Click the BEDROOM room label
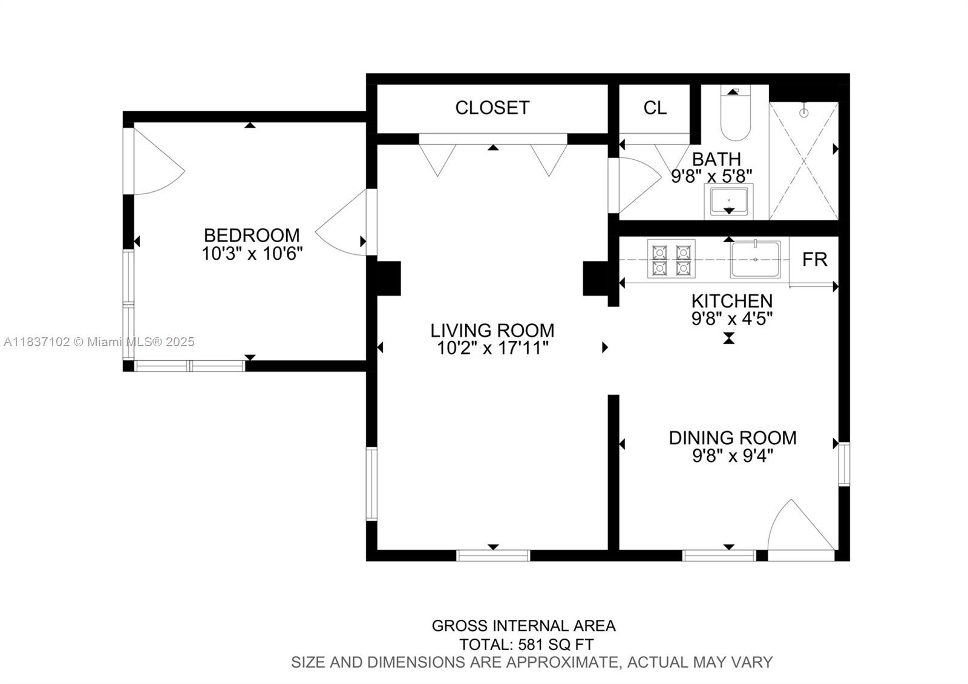(251, 235)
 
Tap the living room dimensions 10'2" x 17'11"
(492, 348)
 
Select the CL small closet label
(655, 108)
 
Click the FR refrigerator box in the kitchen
(814, 260)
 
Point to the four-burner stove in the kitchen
(671, 259)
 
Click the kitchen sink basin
(755, 259)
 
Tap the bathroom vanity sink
(729, 201)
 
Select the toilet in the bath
(735, 118)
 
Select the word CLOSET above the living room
(492, 108)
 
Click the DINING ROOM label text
(732, 438)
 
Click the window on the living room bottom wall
(493, 555)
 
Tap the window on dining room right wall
(843, 464)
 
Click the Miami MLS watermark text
(99, 342)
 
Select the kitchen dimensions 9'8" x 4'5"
(732, 318)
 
